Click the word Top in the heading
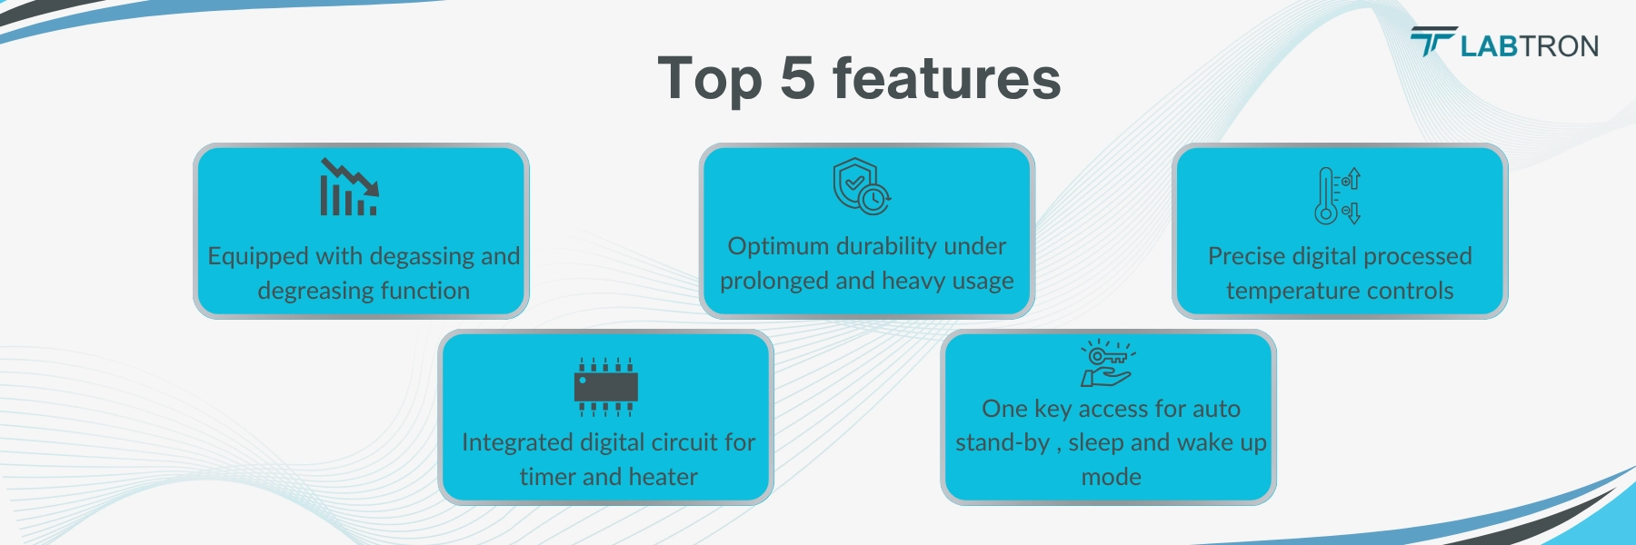pos(710,80)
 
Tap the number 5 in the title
pos(797,78)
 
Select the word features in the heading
pos(946,78)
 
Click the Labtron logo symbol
pos(1433,41)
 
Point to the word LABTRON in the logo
pos(1530,46)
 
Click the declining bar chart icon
pos(349,187)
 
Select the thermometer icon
pos(1338,195)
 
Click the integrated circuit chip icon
pos(605,386)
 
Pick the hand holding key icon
pos(1108,363)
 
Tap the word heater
pos(663,477)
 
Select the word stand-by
pos(1002,442)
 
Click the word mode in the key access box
pos(1111,477)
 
